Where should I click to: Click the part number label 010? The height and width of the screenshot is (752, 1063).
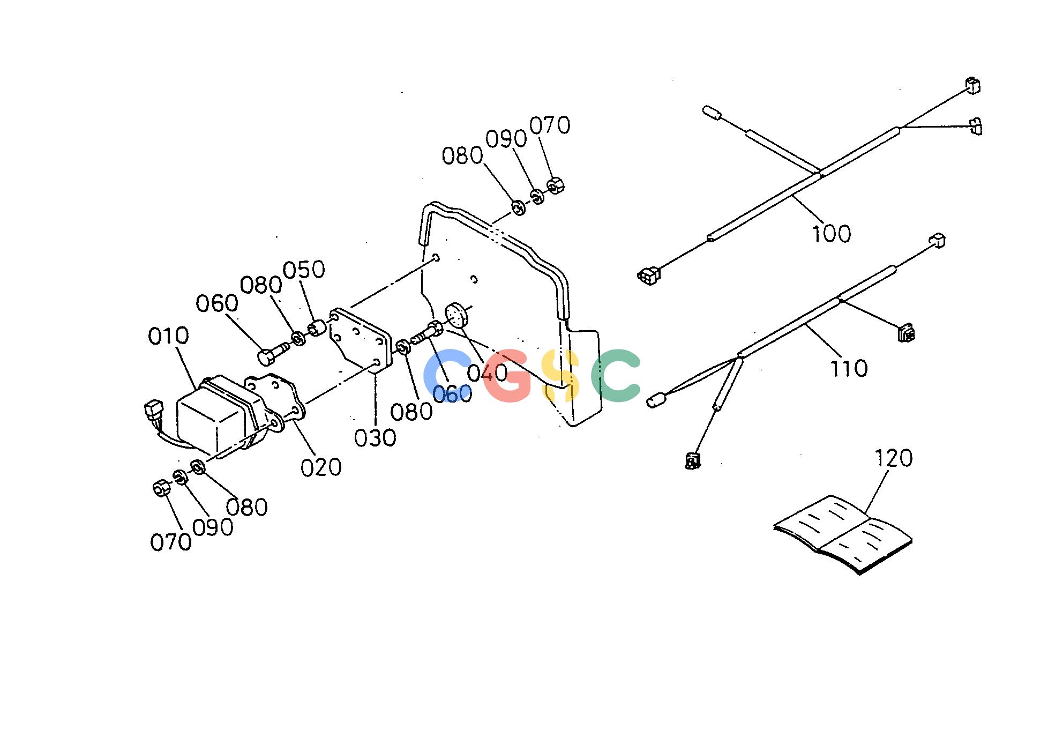coord(169,336)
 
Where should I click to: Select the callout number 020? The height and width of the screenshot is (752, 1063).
coord(321,467)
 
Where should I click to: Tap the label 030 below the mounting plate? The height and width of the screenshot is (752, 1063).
coord(375,438)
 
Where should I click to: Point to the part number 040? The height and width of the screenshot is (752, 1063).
coord(487,373)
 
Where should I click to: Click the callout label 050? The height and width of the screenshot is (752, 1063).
coord(304,270)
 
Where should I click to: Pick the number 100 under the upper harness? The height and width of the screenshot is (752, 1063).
coord(832,234)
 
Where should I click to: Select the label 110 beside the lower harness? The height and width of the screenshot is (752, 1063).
coord(849,369)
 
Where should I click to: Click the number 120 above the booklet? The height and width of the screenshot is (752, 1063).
coord(894,458)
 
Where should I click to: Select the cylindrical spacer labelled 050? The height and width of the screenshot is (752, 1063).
coord(317,327)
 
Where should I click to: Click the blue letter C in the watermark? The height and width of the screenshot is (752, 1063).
coord(446,375)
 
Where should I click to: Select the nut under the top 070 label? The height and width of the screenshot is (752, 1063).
coord(556,186)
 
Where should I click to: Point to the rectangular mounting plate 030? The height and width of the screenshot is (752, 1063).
coord(360,338)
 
